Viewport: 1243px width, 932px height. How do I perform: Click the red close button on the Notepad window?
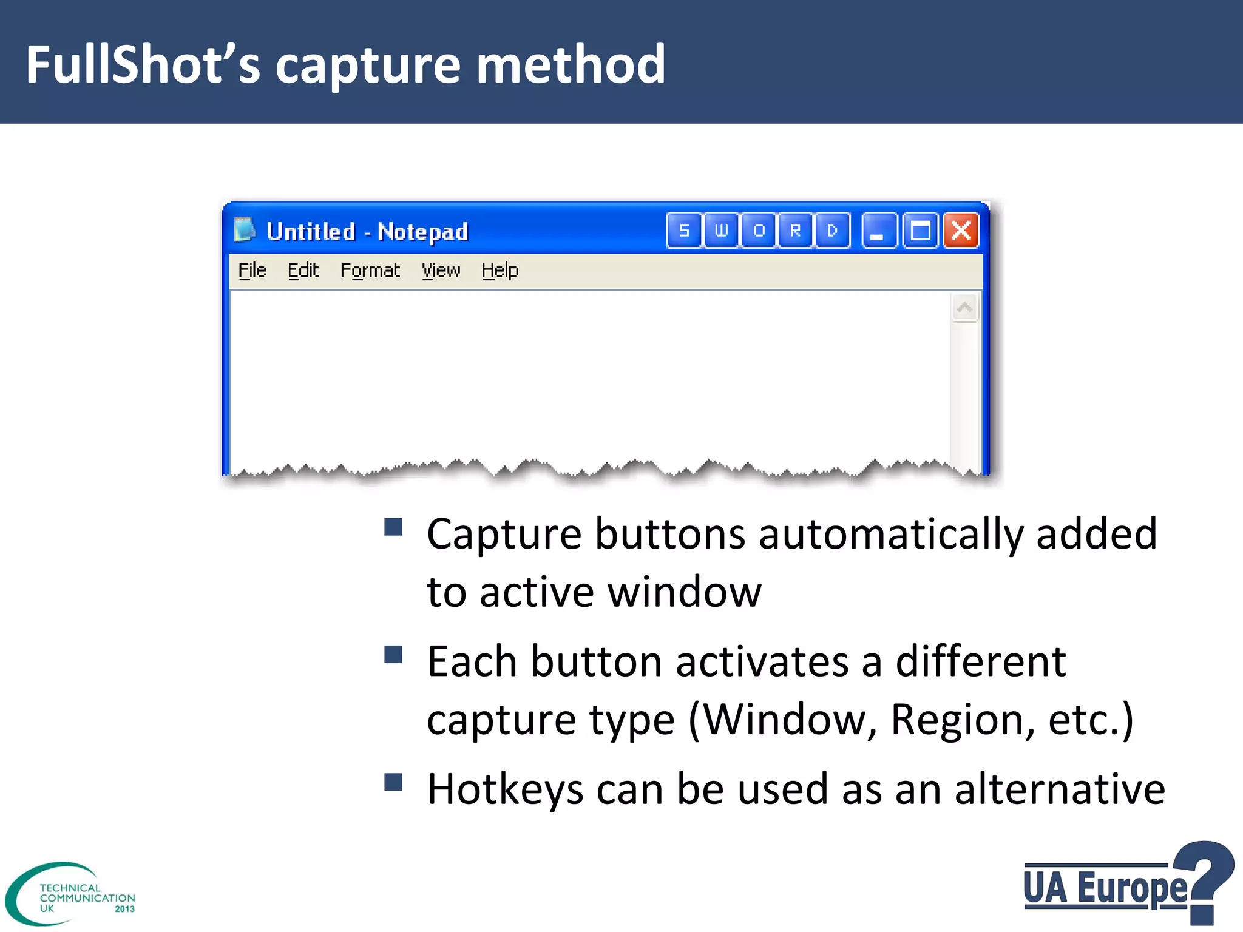pos(961,231)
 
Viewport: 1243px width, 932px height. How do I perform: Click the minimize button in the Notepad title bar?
pos(878,231)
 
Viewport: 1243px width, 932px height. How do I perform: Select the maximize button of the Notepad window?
pos(920,231)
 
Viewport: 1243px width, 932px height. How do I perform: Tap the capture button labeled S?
pos(684,231)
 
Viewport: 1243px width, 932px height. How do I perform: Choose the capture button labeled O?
pos(758,231)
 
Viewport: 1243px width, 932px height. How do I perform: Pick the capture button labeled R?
pos(795,231)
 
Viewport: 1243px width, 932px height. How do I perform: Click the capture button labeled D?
pos(832,231)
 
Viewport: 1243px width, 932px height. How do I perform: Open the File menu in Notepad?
pos(252,270)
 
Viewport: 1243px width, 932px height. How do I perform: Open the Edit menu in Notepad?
pos(303,270)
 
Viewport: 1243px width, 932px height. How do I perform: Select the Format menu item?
pos(370,270)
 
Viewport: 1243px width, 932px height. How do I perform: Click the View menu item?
pos(441,270)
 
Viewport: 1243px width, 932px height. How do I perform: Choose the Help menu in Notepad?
pos(500,270)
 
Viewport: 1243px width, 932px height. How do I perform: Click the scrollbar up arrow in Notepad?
pos(964,308)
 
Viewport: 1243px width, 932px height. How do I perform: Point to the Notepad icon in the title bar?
pos(244,230)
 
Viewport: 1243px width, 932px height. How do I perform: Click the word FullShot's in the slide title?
pos(143,64)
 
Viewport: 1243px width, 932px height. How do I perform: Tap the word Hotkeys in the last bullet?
pos(505,789)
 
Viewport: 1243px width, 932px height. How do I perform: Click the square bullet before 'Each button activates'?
pos(393,655)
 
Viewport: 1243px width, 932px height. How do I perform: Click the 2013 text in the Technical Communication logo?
pos(124,909)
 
